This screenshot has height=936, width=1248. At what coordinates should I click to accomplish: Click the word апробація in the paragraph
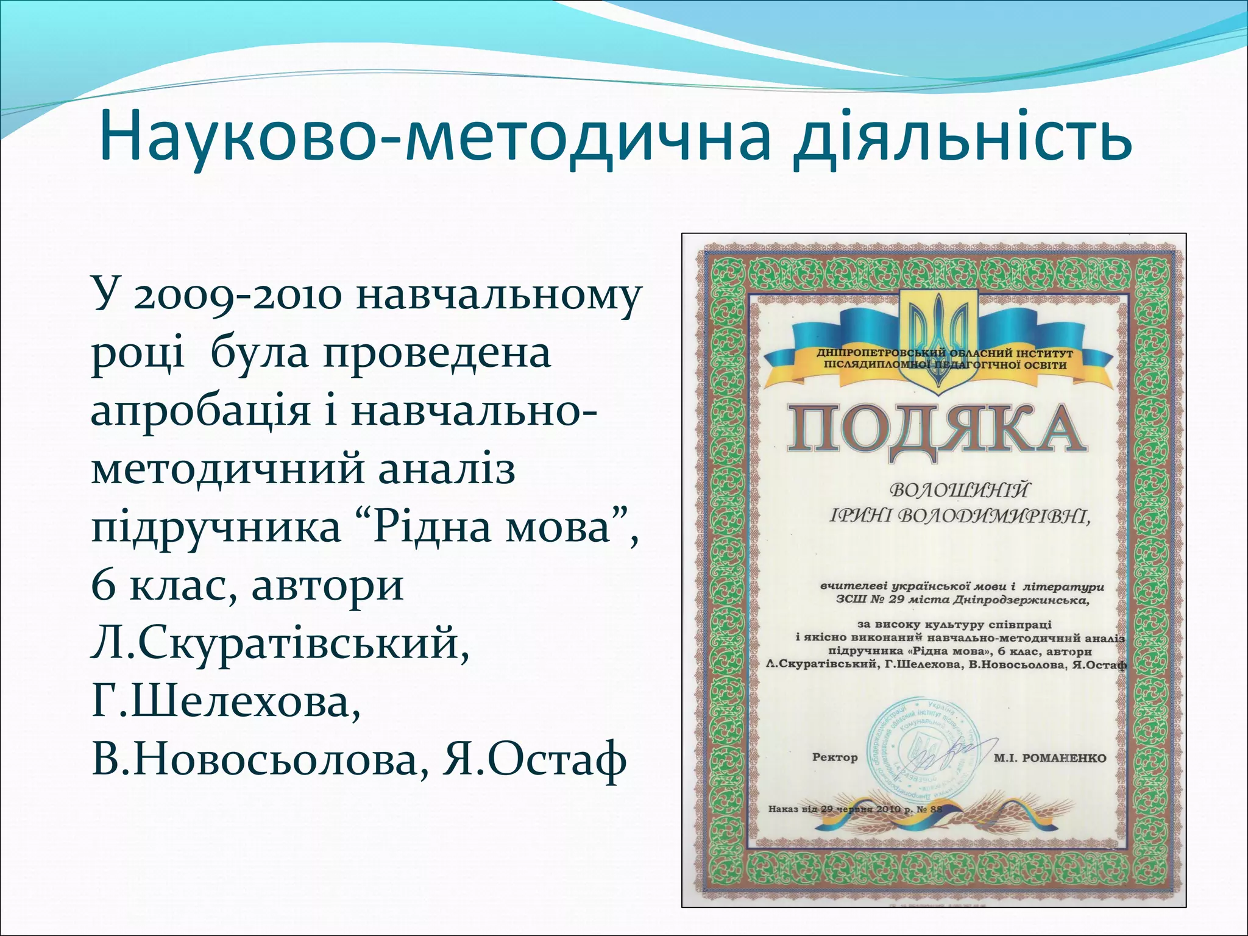(200, 413)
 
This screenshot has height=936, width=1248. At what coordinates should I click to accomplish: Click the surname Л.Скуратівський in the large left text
(280, 644)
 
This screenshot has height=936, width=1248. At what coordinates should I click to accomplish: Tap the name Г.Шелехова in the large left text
(225, 703)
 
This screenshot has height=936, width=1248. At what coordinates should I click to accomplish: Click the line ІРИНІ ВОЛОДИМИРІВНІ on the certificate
(959, 516)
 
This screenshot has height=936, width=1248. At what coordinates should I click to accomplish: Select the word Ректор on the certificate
(835, 757)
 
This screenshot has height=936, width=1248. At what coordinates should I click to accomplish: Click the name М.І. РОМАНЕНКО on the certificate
(1049, 758)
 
